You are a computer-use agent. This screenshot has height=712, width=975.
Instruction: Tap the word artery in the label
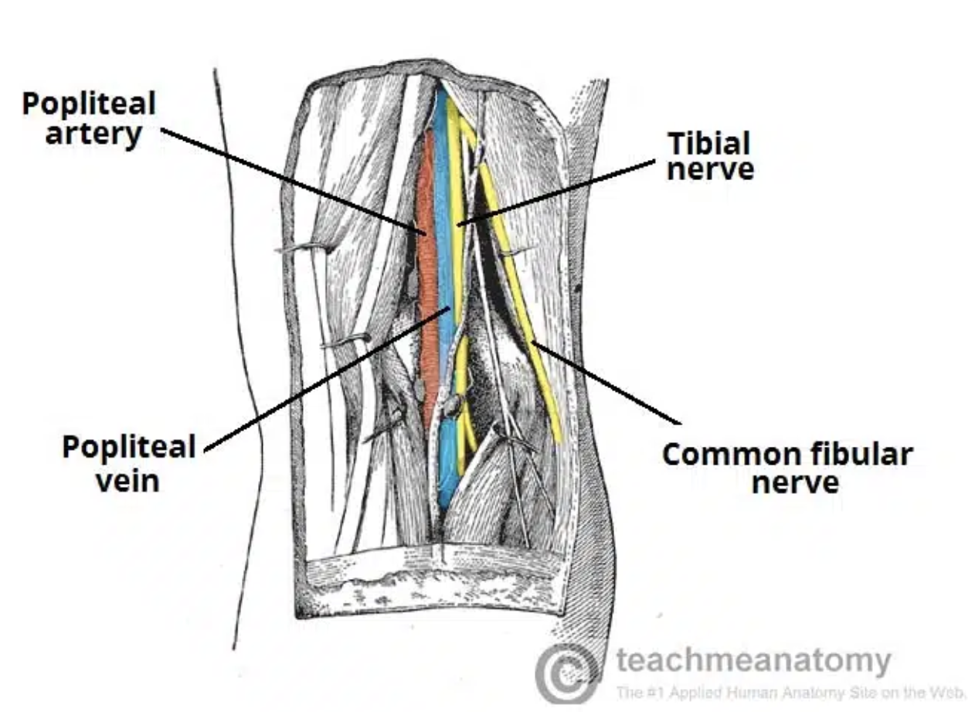[x=93, y=133]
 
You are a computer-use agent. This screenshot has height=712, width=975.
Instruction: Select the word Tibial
[x=708, y=143]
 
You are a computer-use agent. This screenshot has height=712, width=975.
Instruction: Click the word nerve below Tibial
[x=710, y=169]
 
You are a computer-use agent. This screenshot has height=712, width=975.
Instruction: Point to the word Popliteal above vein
[x=128, y=448]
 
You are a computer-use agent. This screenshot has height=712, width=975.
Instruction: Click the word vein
[x=127, y=480]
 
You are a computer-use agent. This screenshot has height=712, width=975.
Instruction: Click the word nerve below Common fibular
[x=794, y=483]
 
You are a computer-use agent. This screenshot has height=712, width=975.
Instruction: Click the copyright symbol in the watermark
[x=567, y=674]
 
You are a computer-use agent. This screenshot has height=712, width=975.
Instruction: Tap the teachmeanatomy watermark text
[x=753, y=661]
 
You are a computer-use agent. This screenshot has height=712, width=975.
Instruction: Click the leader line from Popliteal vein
[x=324, y=379]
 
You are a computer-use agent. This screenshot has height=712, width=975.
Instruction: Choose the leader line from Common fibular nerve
[x=606, y=383]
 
